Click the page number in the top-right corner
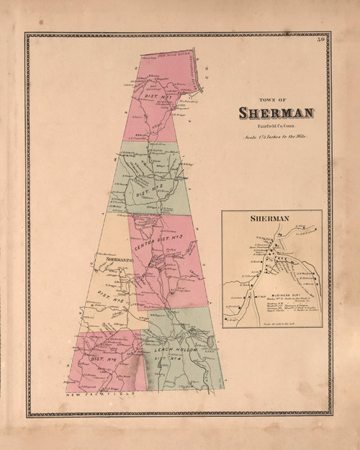coord(326,37)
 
